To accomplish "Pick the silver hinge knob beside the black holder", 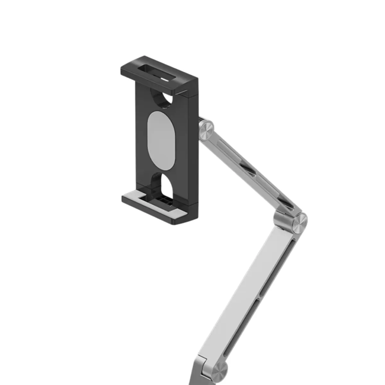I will pos(206,130).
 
